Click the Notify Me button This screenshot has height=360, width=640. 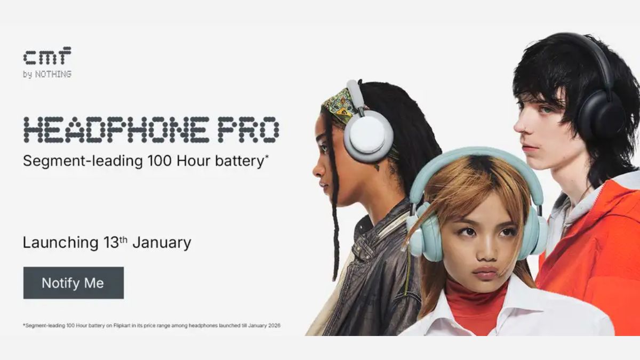[73, 283]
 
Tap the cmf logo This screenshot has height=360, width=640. [47, 56]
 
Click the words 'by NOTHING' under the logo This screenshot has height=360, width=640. [47, 74]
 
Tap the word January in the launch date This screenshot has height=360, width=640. [162, 243]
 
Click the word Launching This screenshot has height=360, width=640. [57, 243]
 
